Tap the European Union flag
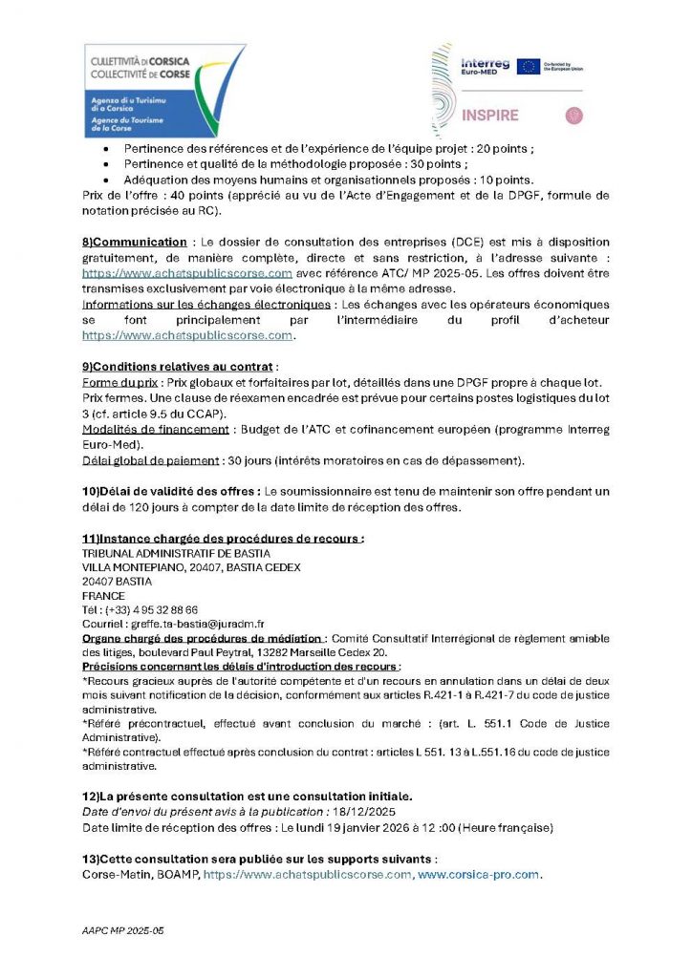coord(528,67)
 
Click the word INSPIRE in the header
coord(489,116)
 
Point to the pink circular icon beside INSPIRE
coord(573,116)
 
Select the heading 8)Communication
coord(135,243)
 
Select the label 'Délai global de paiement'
coord(151,461)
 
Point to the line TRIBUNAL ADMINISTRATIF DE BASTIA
coord(177,553)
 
